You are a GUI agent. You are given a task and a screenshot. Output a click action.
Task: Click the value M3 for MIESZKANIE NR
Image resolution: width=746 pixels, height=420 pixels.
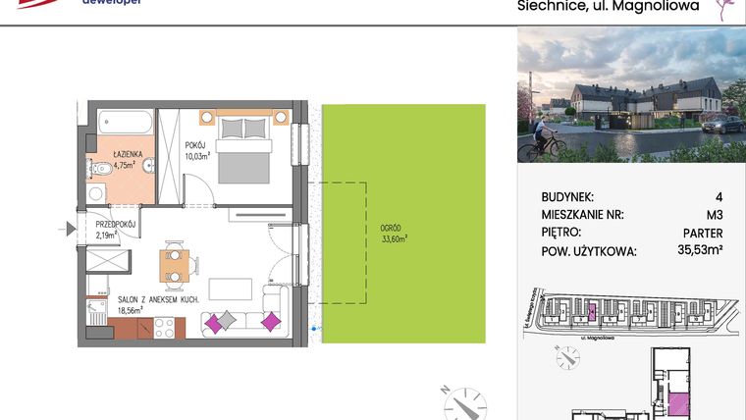[x=712, y=215]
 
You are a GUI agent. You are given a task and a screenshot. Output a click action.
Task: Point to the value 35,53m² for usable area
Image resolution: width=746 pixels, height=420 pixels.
[x=699, y=251]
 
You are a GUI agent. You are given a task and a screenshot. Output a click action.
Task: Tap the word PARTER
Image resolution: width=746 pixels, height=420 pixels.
[x=702, y=233]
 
